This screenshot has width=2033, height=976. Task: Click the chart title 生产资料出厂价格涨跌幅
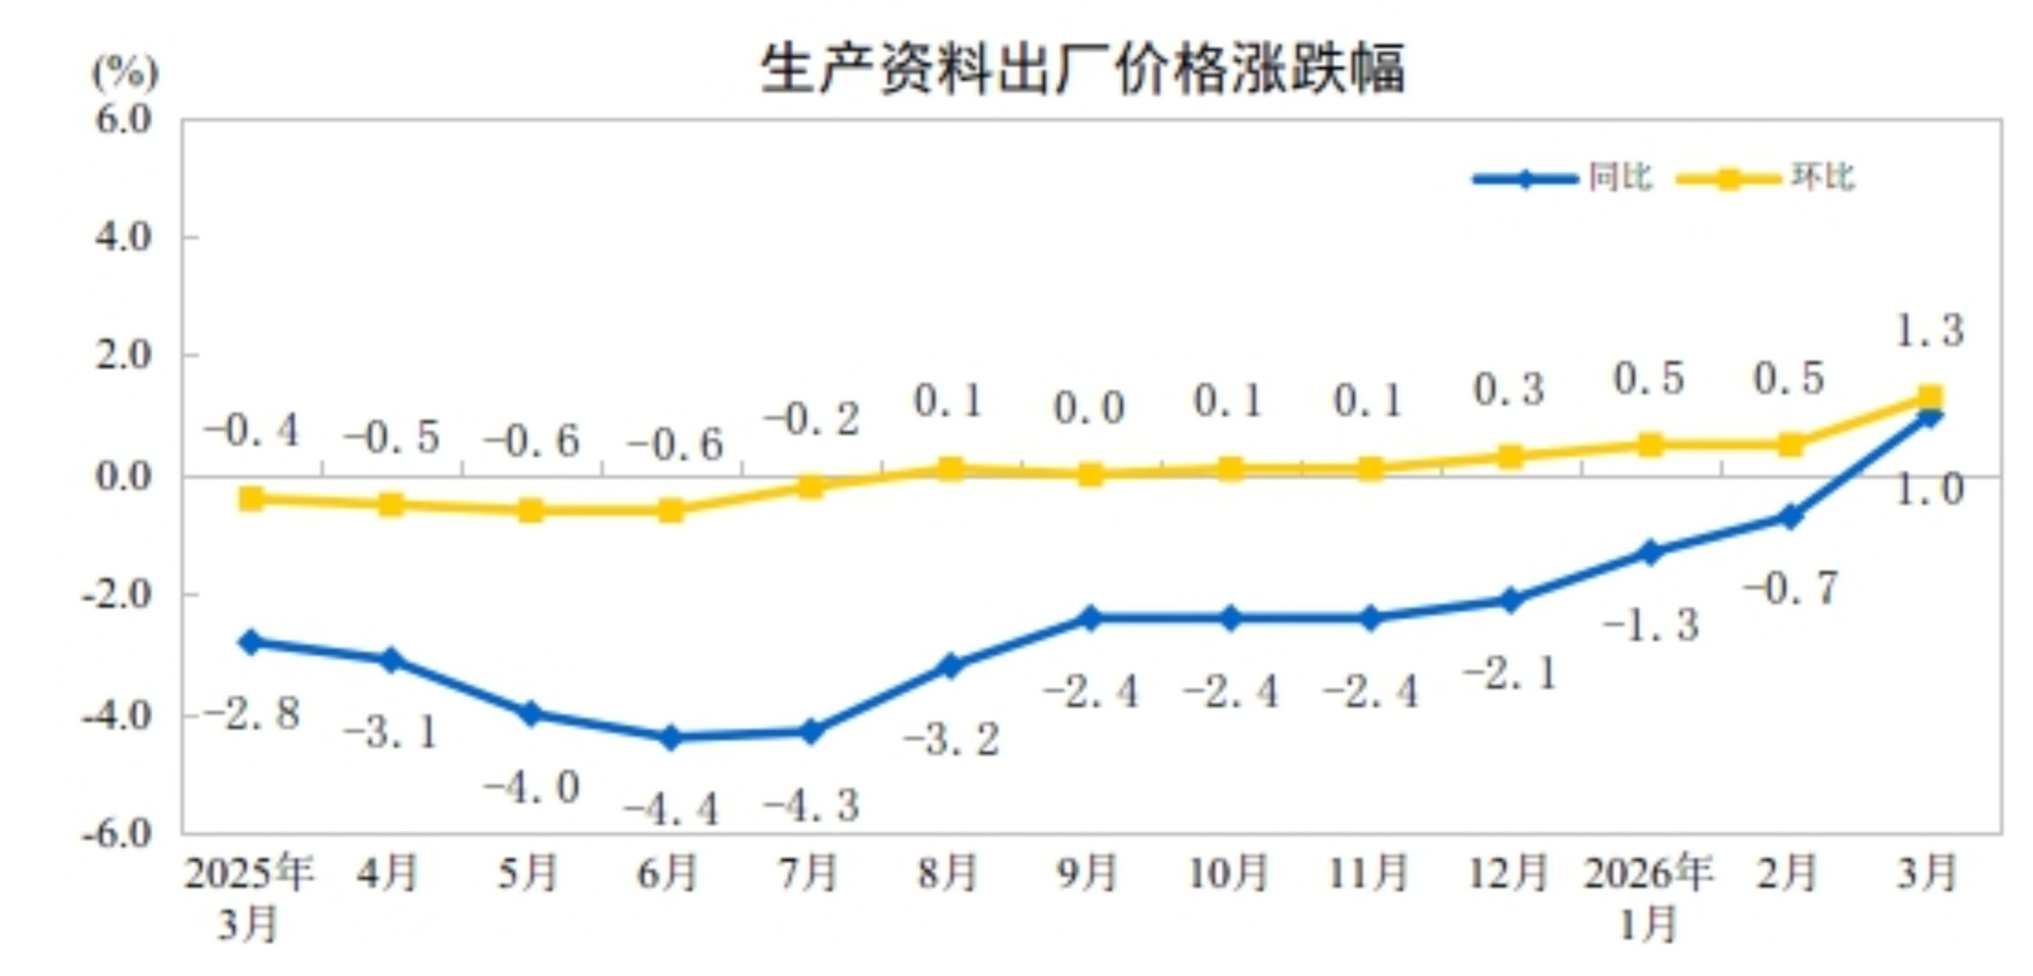1083,69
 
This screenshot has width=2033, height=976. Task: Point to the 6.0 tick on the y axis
123,120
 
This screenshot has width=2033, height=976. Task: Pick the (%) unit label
125,72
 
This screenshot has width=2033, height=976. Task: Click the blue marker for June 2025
671,737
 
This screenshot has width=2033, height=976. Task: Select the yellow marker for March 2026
1930,398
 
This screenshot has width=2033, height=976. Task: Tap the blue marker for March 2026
1930,417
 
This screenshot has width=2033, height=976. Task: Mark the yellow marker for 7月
810,486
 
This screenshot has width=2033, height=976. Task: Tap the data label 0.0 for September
1089,409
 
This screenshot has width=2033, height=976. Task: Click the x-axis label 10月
1229,873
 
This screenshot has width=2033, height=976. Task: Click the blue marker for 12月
1510,600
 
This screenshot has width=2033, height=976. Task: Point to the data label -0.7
1791,588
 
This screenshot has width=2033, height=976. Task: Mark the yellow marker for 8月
951,469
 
